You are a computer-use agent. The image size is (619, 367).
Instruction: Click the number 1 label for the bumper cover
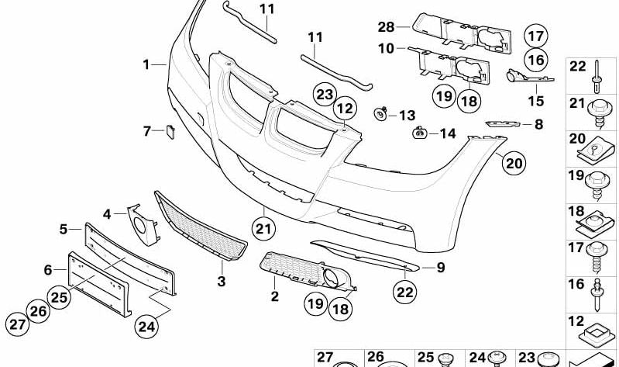tap(146, 65)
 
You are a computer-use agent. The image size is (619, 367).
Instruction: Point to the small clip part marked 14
tap(419, 133)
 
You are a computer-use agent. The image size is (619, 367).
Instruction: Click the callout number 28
tap(387, 26)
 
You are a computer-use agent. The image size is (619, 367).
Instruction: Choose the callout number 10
tap(387, 47)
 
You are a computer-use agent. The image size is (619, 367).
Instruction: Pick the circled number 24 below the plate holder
tap(147, 327)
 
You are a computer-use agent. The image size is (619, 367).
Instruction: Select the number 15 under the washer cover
tap(536, 101)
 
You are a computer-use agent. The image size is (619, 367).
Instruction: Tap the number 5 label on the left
tap(64, 229)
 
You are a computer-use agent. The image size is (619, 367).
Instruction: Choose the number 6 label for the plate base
tap(48, 269)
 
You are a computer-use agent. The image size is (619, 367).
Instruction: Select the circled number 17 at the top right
tap(535, 35)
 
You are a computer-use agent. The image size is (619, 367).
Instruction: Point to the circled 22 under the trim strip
tap(403, 292)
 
